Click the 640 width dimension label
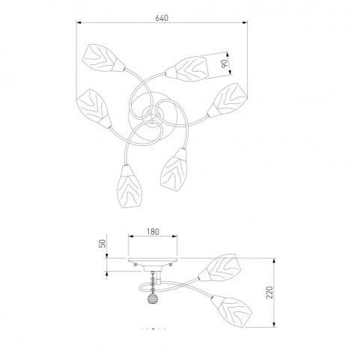(162, 18)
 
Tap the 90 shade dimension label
(225, 64)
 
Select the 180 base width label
(153, 232)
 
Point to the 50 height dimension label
(103, 243)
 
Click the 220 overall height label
(269, 292)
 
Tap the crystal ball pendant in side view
(153, 298)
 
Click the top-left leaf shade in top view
(103, 58)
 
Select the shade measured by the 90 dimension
(187, 69)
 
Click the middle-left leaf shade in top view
(94, 109)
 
